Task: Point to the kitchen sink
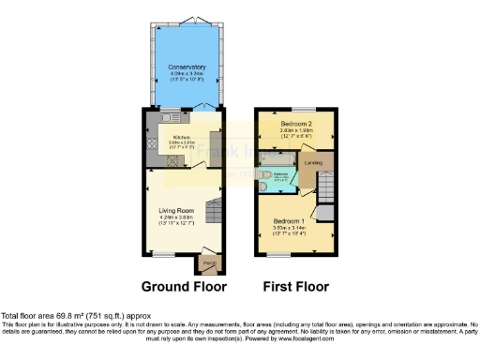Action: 167,118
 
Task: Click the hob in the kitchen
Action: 153,144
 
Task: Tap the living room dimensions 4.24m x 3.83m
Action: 176,223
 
